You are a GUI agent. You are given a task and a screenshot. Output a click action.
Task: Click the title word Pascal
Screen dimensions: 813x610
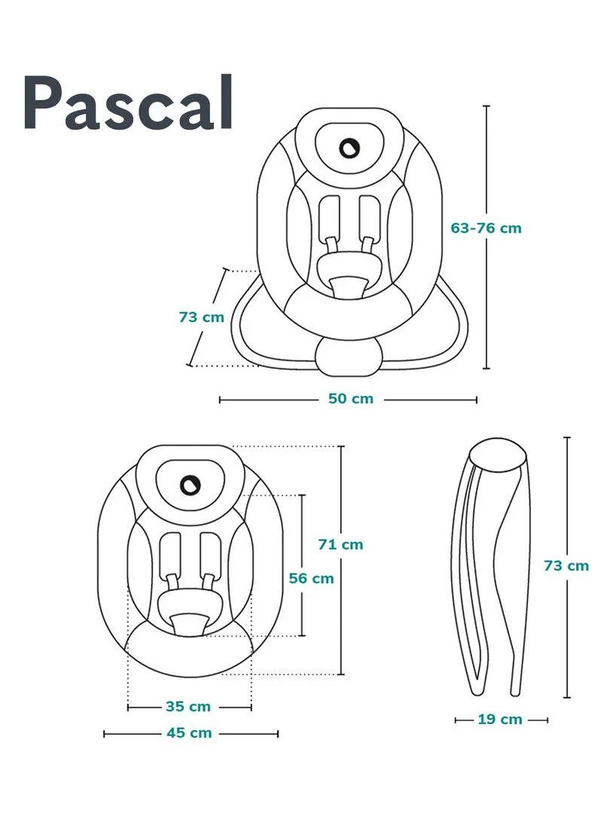[x=129, y=104]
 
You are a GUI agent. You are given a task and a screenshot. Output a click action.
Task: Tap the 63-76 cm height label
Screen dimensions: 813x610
[x=486, y=227]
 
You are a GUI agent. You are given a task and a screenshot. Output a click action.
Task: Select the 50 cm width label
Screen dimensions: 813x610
[x=350, y=398]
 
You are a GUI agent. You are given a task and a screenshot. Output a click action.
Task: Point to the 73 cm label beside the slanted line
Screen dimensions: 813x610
[x=202, y=317]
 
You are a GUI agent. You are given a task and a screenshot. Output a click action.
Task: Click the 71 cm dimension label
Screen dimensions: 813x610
[x=340, y=544]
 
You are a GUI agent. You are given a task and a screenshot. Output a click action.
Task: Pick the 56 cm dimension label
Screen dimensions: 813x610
[x=311, y=578]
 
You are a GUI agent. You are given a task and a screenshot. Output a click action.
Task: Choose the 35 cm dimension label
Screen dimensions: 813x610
[x=188, y=707]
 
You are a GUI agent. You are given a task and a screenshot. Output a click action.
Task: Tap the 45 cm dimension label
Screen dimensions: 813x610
[x=189, y=732]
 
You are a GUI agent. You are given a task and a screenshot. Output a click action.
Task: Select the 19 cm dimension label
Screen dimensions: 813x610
[x=499, y=720]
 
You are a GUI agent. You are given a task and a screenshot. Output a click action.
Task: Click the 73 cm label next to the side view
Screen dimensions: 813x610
[x=566, y=565]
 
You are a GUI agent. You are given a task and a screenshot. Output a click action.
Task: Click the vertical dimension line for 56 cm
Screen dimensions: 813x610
[x=303, y=527]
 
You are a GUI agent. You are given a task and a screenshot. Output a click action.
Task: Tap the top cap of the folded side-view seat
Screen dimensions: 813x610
[x=497, y=455]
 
